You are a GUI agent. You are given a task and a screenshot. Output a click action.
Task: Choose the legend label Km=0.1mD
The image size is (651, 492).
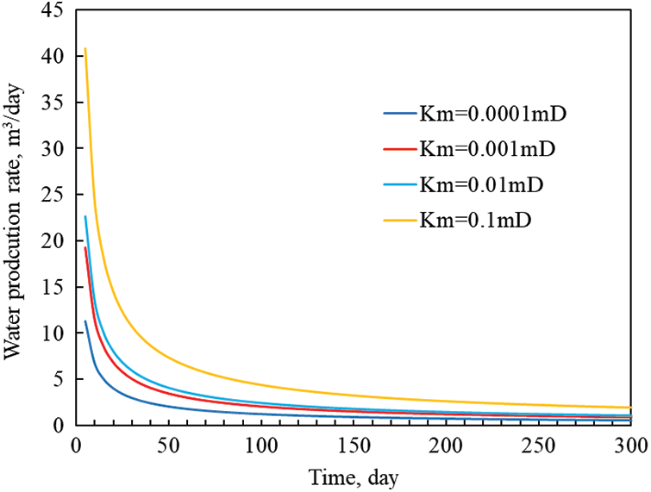pos(477,221)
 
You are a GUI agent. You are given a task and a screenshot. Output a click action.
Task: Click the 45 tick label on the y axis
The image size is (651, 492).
pos(53,10)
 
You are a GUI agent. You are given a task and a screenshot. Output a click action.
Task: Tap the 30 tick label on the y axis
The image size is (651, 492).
pos(53,148)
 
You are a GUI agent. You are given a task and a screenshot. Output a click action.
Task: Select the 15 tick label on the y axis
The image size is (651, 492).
pos(53,287)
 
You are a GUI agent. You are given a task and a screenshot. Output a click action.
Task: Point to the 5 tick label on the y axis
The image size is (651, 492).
pos(58,379)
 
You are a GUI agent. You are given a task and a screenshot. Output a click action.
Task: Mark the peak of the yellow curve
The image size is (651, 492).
pos(85,48)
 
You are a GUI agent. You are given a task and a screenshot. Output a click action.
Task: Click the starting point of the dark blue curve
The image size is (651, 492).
pos(85,321)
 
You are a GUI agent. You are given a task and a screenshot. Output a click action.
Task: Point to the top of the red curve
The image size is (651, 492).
pos(85,247)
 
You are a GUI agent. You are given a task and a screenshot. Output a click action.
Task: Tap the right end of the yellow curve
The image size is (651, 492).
pos(630,408)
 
